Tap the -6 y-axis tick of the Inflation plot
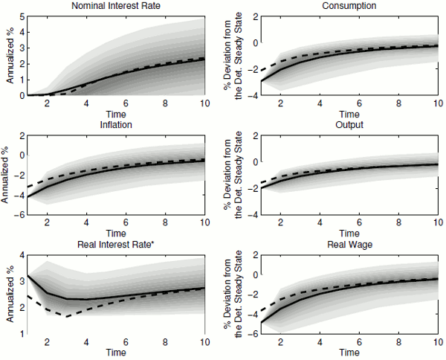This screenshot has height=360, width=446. tap(21, 215)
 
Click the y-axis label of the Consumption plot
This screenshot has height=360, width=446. tap(233, 56)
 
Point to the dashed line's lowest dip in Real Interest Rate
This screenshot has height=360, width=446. tap(67, 317)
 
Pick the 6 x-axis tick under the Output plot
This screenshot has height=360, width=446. tap(361, 223)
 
